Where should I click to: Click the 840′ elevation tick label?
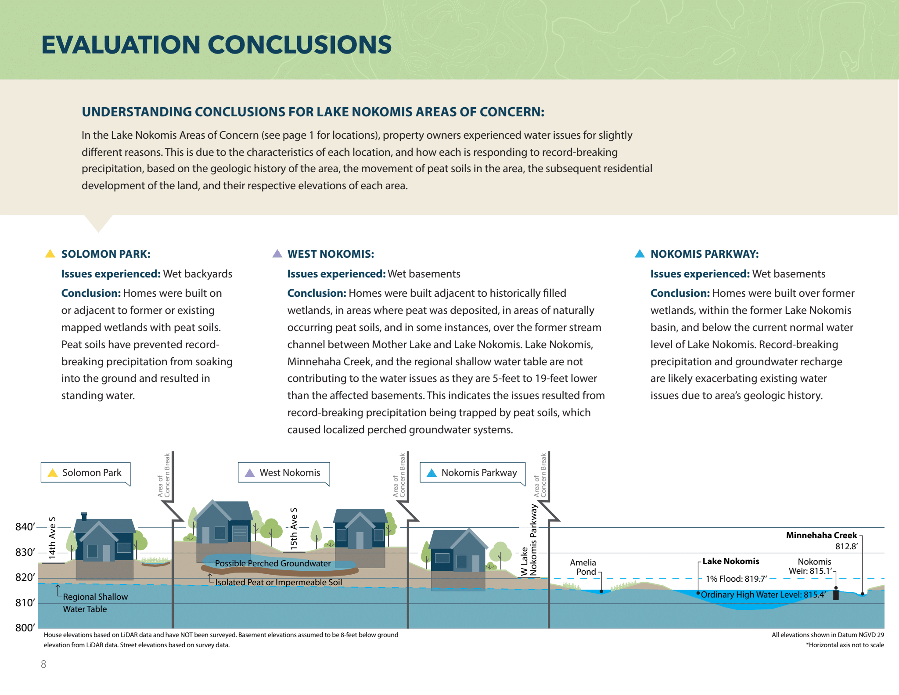25,527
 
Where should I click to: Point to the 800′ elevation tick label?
25,628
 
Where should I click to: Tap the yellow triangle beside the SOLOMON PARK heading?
50,254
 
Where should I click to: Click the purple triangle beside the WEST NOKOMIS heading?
277,254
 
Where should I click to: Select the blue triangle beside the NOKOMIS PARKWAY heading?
640,254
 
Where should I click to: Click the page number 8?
43,664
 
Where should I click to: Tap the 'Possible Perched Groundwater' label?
273,563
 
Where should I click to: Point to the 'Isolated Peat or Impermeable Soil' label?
278,582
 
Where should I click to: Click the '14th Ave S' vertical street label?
52,538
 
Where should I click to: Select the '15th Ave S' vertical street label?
294,528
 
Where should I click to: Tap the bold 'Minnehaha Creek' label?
821,535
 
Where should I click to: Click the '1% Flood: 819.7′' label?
736,579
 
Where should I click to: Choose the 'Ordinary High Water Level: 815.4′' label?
763,595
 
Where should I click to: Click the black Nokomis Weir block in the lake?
836,595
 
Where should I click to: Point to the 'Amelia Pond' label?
583,567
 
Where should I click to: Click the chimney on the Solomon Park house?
84,516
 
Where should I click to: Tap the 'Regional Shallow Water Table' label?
95,603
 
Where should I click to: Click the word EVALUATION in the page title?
121,45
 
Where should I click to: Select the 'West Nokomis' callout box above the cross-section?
284,473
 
